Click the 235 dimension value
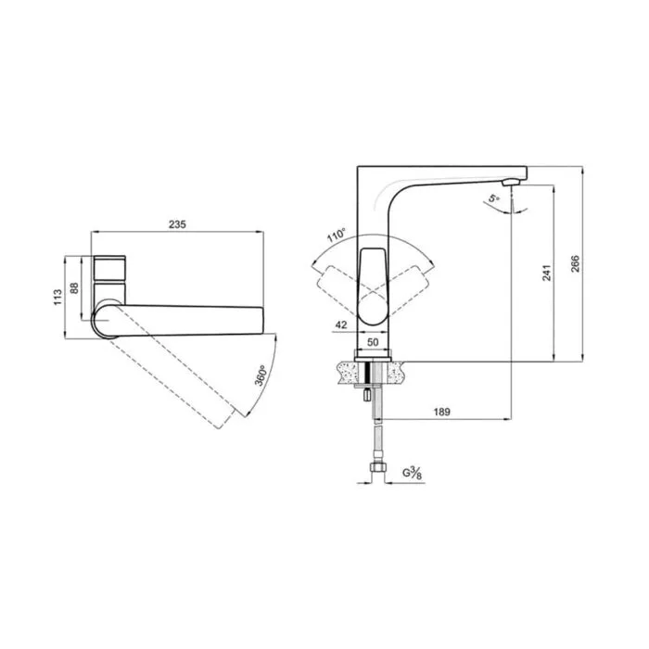coord(177,224)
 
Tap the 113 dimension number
coord(57,298)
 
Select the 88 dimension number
coord(74,288)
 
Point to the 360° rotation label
coord(260,375)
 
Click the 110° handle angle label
coord(336,235)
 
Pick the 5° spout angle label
coord(493,197)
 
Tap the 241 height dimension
coord(547,273)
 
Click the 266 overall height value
coord(576,264)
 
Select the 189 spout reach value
coord(441,412)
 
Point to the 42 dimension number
coord(340,324)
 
